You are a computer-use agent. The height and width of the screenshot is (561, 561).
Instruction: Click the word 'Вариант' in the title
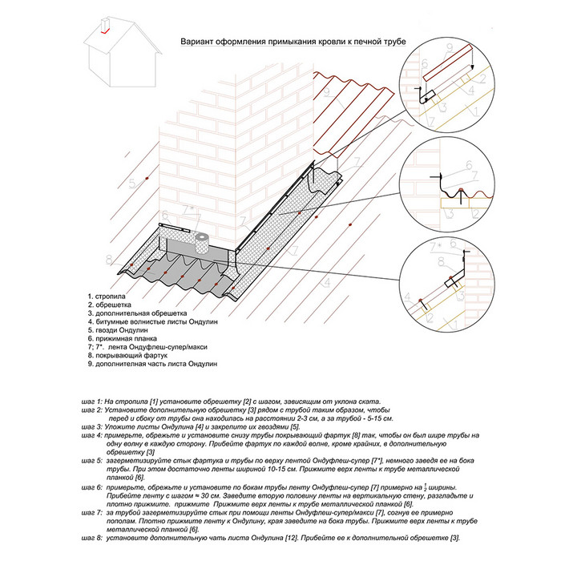(x=197, y=40)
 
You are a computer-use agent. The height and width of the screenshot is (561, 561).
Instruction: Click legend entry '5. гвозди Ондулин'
(x=119, y=331)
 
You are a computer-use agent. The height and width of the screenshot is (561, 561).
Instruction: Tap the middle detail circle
(x=448, y=187)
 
